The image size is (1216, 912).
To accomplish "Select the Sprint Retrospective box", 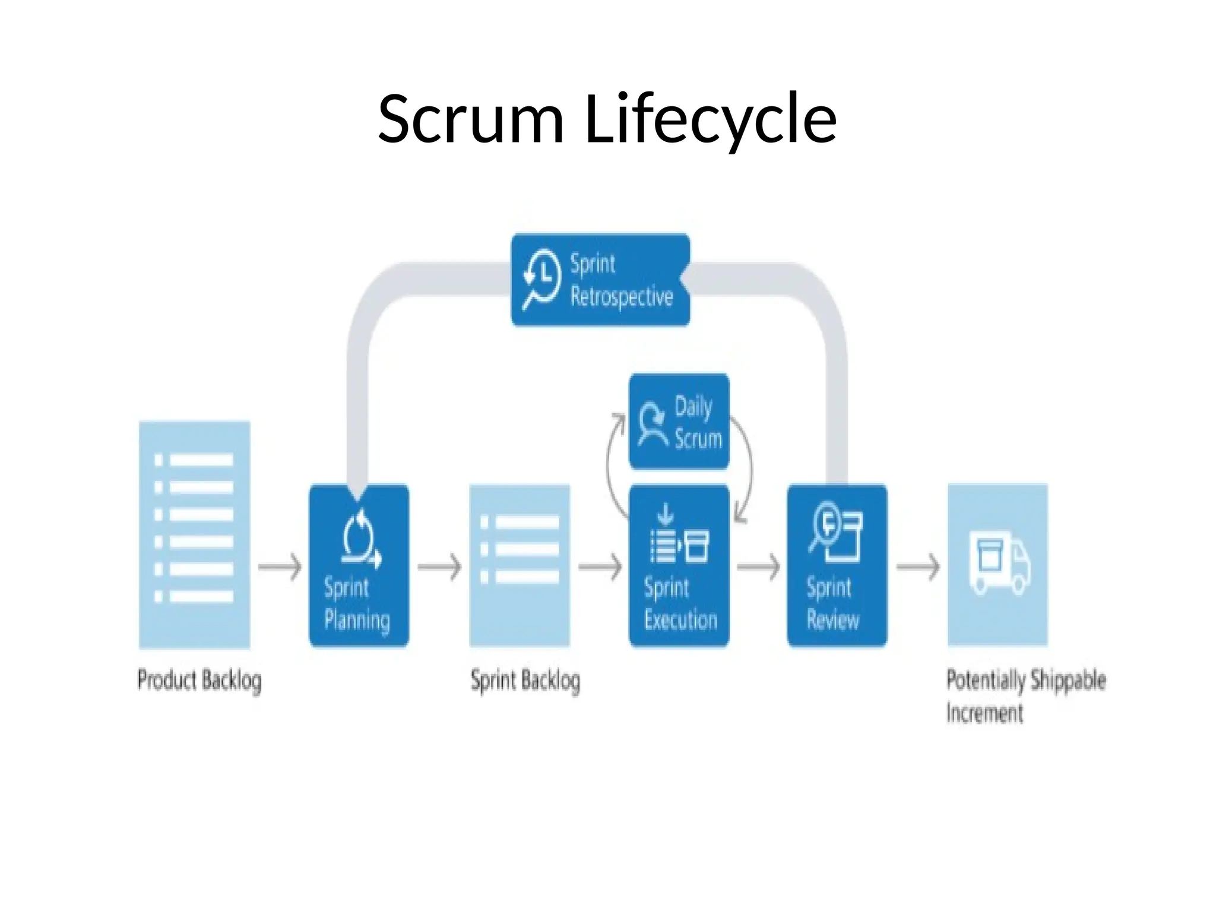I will coord(600,280).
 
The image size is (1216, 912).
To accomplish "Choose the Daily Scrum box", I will coord(679,422).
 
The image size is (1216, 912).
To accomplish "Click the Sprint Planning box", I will coord(359,566).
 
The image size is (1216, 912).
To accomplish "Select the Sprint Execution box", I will coord(679,566).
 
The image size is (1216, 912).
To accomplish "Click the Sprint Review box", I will coord(837,566).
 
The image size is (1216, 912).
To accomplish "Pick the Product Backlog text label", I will coord(199,680).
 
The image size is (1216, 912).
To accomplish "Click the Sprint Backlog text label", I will coord(525,680).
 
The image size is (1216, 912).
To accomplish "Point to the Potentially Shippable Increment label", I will coord(1025,695).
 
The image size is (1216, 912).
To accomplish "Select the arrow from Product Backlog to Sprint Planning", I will coord(280,567).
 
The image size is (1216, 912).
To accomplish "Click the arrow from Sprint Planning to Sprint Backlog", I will coord(439,567).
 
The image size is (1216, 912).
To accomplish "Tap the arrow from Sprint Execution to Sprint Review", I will coord(758,567).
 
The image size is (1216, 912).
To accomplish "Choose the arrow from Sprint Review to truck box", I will coord(917,567).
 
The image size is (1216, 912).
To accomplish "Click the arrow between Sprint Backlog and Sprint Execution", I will coord(600,567).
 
